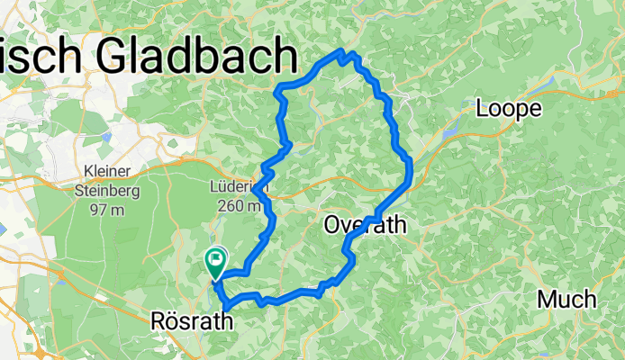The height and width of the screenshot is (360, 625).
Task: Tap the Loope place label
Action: pos(509,109)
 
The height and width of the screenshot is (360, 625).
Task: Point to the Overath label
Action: pos(364,226)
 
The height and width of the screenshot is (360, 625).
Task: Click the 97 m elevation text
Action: pos(105,210)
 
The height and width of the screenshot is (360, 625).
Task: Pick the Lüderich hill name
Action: pos(238,187)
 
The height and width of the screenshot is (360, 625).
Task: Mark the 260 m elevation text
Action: pos(239,206)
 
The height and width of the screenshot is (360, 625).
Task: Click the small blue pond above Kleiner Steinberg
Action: pos(107,137)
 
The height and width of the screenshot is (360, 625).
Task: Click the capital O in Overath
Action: pos(333,226)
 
